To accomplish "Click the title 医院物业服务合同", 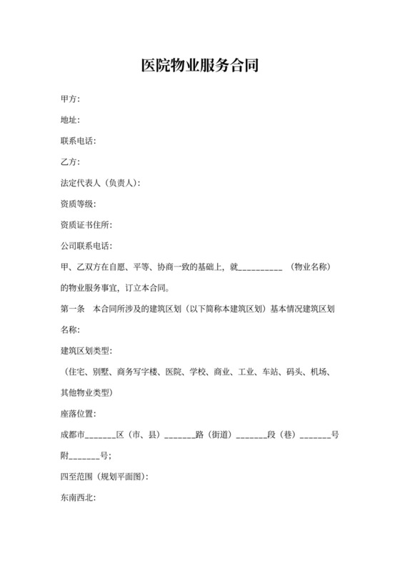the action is [x=199, y=66].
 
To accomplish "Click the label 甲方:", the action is [x=71, y=99].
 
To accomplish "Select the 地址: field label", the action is [x=71, y=120].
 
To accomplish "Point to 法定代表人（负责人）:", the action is [x=101, y=183].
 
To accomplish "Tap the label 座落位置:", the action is [x=79, y=415].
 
